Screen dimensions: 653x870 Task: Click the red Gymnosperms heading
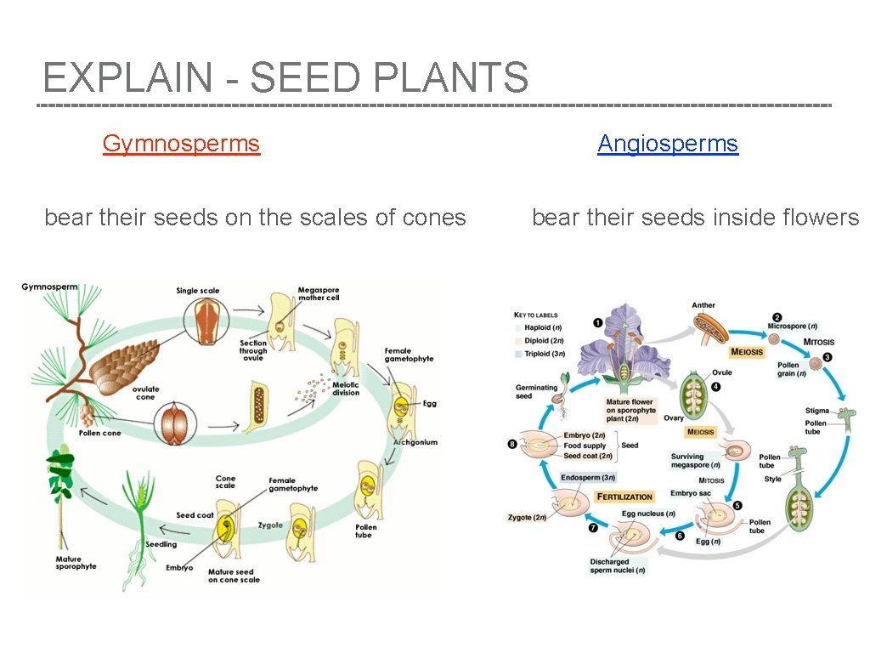click(181, 143)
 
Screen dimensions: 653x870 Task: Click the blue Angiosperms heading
click(668, 143)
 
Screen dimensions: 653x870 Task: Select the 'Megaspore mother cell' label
click(319, 294)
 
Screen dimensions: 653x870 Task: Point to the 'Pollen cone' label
click(100, 433)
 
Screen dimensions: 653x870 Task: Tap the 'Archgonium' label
click(415, 442)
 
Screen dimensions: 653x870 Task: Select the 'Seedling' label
click(161, 544)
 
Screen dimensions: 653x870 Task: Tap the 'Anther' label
click(703, 305)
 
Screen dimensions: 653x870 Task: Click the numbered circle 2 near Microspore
click(777, 318)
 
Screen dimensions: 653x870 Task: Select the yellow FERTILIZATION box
click(624, 497)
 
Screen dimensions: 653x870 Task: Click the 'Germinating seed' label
click(536, 391)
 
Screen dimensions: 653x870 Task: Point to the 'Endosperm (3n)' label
click(588, 478)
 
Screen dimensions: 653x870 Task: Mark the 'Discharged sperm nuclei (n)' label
click(618, 565)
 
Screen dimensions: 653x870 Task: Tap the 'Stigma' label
click(816, 412)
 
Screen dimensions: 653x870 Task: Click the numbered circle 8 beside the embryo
click(511, 443)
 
